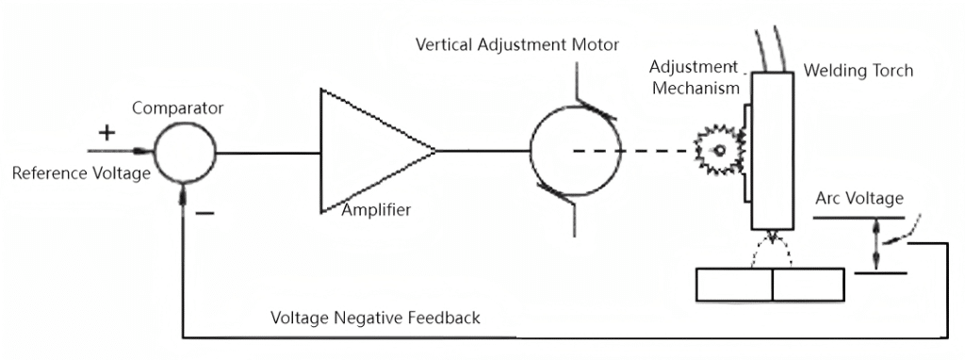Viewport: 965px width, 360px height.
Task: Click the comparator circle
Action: [184, 152]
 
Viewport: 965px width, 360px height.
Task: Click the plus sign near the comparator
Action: [107, 132]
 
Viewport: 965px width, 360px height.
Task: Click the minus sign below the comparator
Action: [204, 213]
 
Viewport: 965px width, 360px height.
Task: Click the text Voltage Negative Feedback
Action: [375, 318]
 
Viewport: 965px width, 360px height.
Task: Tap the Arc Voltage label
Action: [859, 199]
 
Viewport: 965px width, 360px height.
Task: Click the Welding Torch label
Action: [858, 71]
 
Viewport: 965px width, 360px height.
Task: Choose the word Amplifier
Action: [376, 210]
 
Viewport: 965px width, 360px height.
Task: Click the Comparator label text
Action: [178, 108]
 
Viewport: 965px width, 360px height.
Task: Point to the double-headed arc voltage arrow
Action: [875, 245]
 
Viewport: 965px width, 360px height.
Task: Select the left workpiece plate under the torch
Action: [733, 285]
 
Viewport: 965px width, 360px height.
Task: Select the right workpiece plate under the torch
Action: [808, 285]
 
